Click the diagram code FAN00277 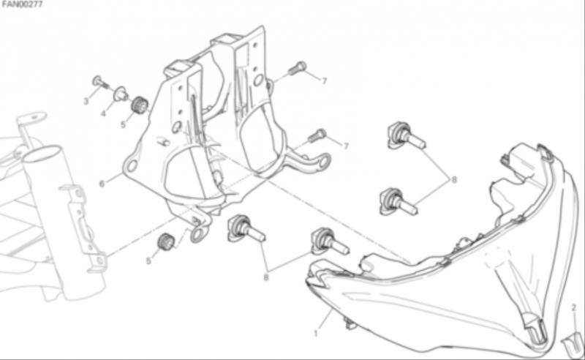point(22,4)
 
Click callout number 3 point(86,101)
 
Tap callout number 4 point(104,113)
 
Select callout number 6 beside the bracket point(102,184)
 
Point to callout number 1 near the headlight point(316,334)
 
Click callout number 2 point(574,308)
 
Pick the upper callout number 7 point(324,80)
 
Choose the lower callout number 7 point(346,146)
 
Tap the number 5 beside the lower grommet point(148,261)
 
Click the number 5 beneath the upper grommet point(123,124)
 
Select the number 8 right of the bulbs point(454,179)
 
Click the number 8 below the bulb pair point(266,277)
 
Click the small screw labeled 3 point(100,82)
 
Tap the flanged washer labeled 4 point(121,94)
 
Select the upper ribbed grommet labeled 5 point(140,105)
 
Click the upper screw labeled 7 point(298,68)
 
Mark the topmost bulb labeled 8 point(406,135)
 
